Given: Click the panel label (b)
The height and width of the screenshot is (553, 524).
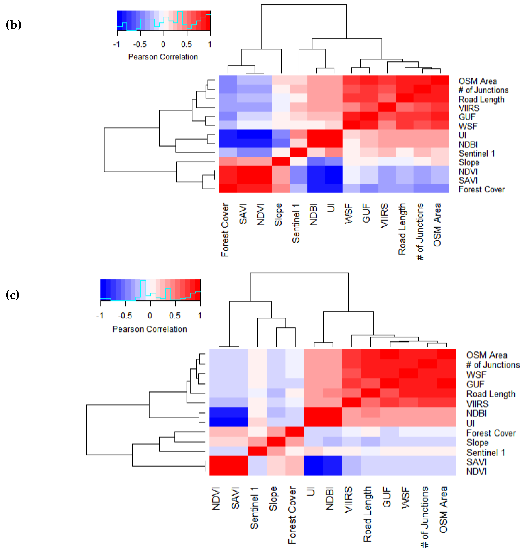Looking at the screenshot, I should coord(13,25).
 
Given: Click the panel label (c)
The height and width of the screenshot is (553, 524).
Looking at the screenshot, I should coord(13,295).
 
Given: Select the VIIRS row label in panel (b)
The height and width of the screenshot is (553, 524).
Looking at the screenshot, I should coord(469,108).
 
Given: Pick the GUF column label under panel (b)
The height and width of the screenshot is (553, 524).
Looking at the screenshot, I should coord(366,213).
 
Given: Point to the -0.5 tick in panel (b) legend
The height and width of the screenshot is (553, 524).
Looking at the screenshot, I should coord(140,44).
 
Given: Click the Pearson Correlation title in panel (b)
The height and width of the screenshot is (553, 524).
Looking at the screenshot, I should coord(163,57).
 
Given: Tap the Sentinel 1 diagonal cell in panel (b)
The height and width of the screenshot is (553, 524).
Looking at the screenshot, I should coord(299,153).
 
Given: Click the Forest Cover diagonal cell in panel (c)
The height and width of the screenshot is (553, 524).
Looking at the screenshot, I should coord(295,432).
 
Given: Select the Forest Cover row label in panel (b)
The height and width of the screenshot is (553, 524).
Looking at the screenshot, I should coord(482,189).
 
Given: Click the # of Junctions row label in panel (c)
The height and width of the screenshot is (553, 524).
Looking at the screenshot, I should coord(493,365).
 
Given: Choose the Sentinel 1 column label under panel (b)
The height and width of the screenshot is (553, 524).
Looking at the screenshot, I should coord(296,223).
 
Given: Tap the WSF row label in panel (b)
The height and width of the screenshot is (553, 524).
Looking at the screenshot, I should coord(468,126).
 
